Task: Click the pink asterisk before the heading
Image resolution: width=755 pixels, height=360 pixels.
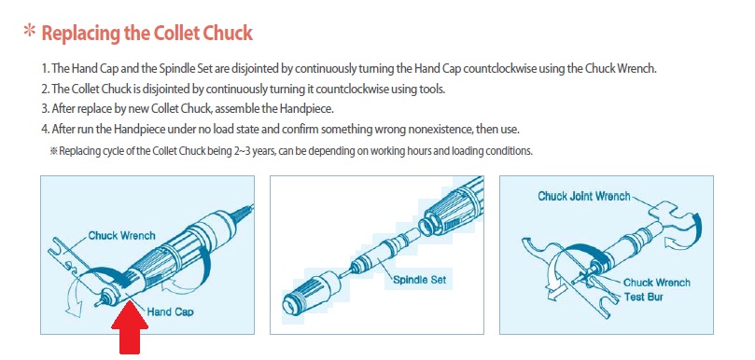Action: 30,32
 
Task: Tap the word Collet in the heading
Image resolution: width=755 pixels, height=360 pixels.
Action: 176,33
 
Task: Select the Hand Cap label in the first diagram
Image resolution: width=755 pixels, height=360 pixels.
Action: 170,312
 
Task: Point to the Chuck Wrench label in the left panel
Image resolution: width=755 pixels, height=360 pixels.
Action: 122,236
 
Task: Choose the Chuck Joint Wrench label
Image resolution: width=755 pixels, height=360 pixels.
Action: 583,196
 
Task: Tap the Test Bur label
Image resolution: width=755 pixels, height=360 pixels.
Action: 643,297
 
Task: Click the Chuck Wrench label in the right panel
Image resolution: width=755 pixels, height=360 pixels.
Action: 657,283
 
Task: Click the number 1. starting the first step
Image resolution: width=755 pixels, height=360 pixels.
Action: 45,68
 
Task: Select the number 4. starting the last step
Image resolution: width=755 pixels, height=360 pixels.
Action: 46,130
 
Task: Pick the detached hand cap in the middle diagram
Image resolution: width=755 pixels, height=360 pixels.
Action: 305,293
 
